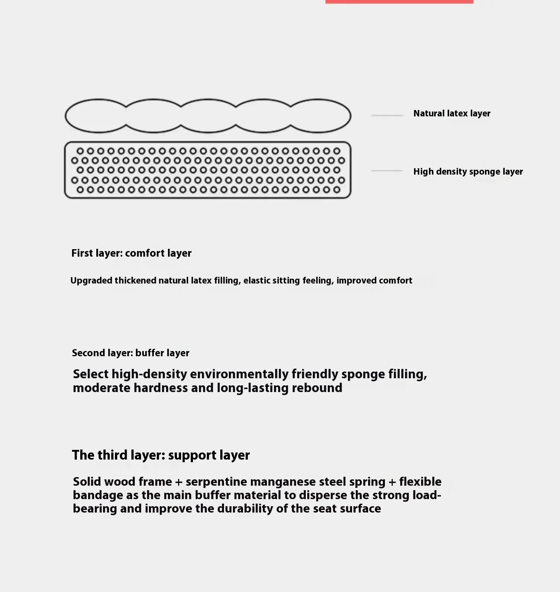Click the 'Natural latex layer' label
point(452,113)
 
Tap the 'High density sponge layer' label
point(468,172)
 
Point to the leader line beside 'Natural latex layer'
point(387,116)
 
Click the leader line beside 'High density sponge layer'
point(387,171)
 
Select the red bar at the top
point(399,2)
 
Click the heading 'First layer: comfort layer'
point(131,253)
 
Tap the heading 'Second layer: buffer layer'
point(131,353)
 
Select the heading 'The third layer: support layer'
point(161,455)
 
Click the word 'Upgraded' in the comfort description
point(91,281)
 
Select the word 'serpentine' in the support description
point(217,482)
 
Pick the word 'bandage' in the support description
point(96,495)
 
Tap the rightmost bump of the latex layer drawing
point(318,116)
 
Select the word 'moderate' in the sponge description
point(102,388)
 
